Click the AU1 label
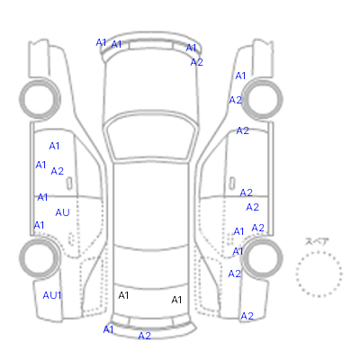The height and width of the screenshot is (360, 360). click(52, 295)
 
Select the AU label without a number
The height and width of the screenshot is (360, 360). click(62, 212)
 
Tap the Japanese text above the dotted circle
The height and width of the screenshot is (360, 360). click(317, 241)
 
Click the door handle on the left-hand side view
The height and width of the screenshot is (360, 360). click(69, 184)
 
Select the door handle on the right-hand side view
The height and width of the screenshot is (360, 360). click(232, 184)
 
